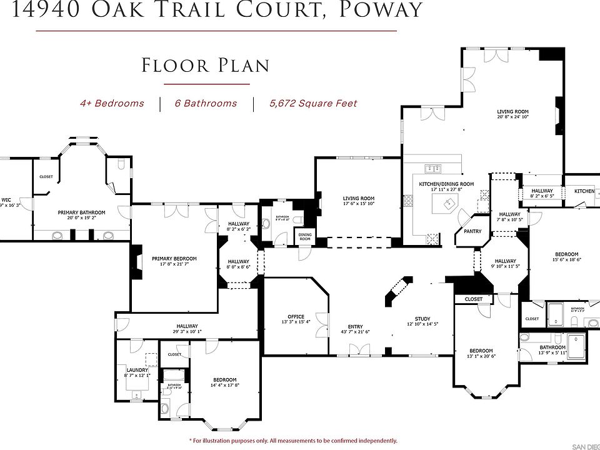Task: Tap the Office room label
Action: [x=296, y=316]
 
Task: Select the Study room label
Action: [x=418, y=319]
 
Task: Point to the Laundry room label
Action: [x=137, y=370]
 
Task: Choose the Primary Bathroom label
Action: [x=81, y=212]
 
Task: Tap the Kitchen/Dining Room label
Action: [x=446, y=184]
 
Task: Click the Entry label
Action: [x=355, y=326]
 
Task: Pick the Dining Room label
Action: [x=305, y=236]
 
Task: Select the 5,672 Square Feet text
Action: [x=313, y=103]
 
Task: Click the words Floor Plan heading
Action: [x=206, y=66]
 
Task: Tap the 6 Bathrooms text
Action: [x=206, y=103]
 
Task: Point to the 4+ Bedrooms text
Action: [x=112, y=103]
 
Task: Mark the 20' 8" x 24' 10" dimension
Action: [x=512, y=117]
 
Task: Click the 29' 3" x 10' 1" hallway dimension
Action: [x=187, y=332]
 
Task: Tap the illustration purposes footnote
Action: [x=293, y=440]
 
